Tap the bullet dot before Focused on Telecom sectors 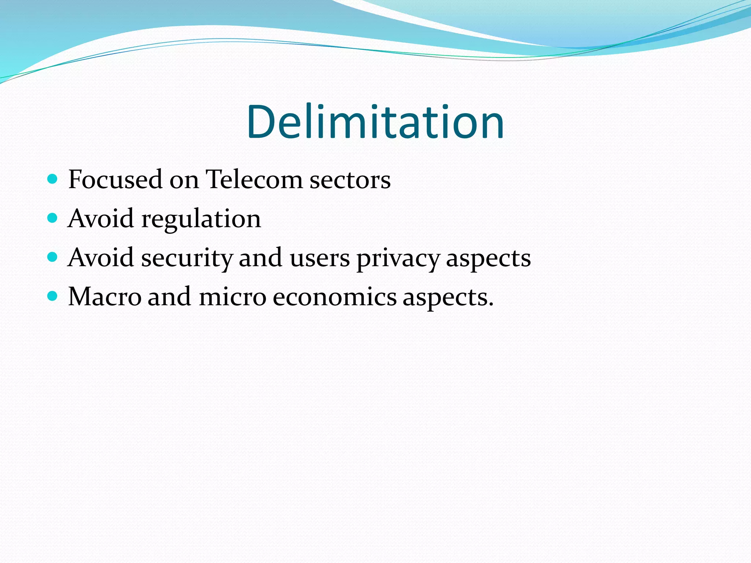click(x=53, y=179)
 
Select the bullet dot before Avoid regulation click(x=53, y=218)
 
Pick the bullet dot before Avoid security click(x=53, y=257)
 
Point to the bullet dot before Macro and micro click(x=53, y=296)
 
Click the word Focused click(x=115, y=180)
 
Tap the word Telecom click(x=254, y=180)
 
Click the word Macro click(x=105, y=297)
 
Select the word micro click(x=232, y=297)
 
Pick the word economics click(x=334, y=297)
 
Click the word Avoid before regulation click(x=100, y=218)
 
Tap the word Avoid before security click(x=100, y=257)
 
